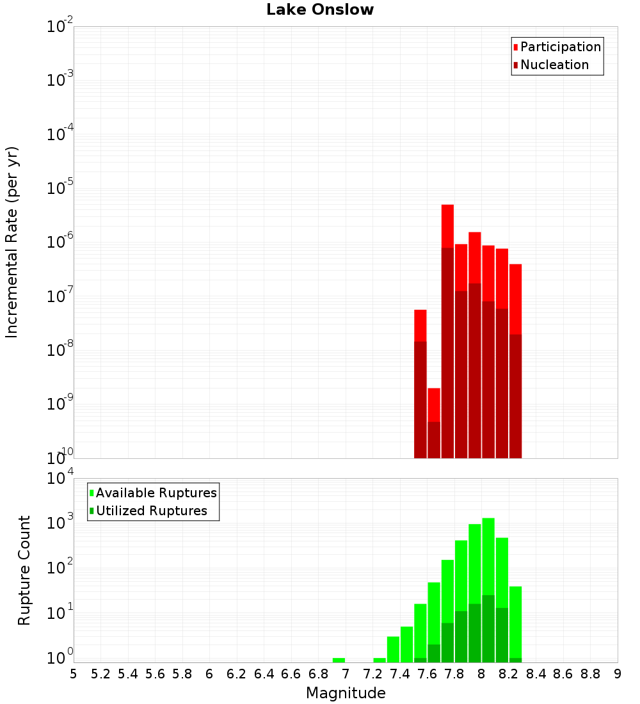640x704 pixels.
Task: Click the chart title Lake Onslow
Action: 320,10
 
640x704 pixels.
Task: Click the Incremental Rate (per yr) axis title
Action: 12,243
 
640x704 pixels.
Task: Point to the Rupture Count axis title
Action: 24,570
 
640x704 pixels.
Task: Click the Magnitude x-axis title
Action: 346,693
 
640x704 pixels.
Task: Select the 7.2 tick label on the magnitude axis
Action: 372,674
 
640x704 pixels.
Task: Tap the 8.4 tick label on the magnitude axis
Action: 536,674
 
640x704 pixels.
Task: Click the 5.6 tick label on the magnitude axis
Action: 155,674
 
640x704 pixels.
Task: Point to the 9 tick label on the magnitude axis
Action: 617,674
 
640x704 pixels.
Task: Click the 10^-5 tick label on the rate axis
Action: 60,189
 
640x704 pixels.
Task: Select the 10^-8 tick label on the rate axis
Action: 60,351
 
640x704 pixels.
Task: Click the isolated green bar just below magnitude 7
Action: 339,660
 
